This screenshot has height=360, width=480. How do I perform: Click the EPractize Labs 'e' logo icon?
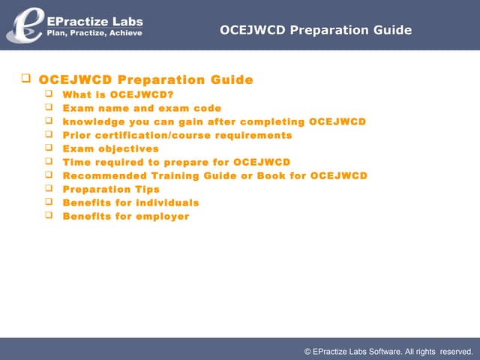[22, 24]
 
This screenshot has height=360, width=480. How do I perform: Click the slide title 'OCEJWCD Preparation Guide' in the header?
[316, 30]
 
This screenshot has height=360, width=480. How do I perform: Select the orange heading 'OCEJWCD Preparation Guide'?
[146, 80]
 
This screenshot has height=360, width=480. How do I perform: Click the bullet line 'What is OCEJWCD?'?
[118, 94]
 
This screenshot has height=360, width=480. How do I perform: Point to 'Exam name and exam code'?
[142, 108]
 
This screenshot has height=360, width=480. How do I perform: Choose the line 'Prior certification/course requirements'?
[177, 135]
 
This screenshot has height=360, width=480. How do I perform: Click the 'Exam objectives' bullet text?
[110, 148]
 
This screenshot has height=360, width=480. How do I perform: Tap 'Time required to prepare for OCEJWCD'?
[176, 162]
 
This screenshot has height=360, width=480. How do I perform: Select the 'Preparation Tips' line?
[111, 189]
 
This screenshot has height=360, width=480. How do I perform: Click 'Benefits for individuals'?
[130, 202]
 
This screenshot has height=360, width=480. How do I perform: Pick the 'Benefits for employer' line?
[126, 216]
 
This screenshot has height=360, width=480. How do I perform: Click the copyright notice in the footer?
[388, 350]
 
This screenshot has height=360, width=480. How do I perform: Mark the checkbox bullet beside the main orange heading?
[25, 78]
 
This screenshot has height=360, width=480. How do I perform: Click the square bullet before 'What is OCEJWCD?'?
[49, 94]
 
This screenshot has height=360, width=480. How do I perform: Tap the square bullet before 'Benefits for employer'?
[49, 215]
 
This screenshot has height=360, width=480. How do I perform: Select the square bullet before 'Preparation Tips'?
[49, 188]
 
